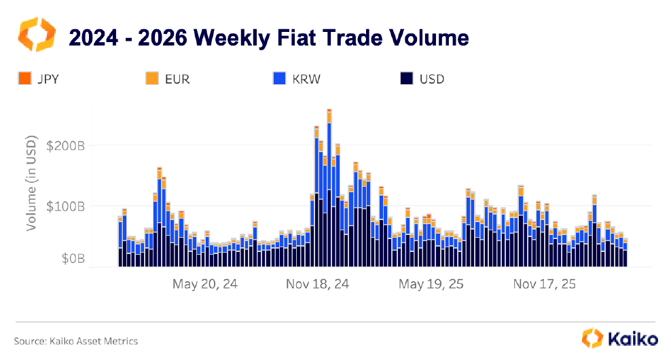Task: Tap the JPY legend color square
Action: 24,79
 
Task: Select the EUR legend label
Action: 177,79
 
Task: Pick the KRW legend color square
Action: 279,79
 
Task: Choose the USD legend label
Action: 432,79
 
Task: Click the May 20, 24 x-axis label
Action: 205,285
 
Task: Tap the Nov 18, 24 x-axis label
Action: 317,285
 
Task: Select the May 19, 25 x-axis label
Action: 431,285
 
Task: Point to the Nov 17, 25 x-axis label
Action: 544,285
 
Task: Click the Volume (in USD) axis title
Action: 31,181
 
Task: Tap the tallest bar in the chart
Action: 329,190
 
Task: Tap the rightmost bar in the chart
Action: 625,255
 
